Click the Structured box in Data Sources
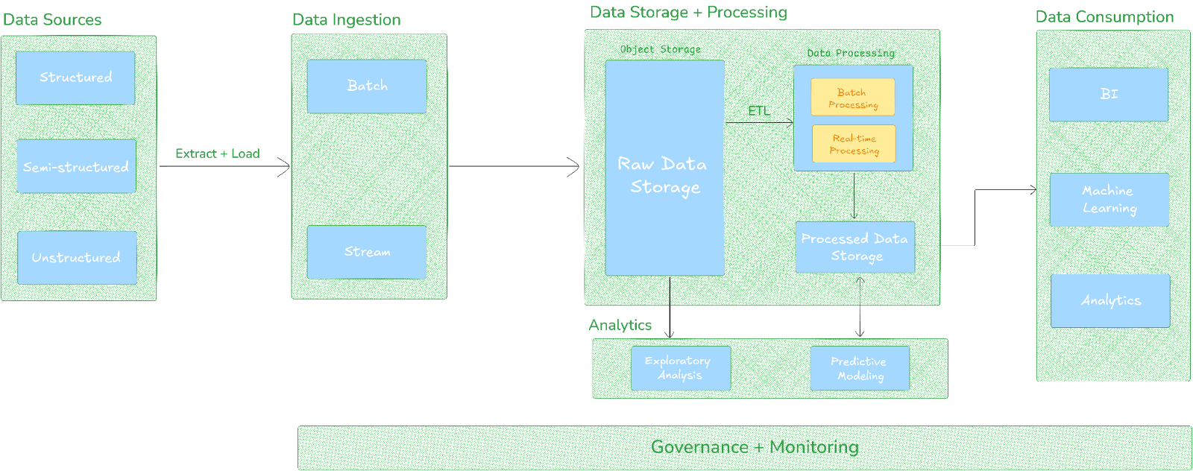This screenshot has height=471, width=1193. pos(75,78)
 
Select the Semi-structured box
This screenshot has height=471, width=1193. pos(76,167)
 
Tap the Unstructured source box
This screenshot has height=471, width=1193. pos(77,257)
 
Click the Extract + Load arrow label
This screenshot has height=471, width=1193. pos(217,154)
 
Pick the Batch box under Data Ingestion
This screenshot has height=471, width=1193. pos(367,86)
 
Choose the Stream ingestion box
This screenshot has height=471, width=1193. pos(367,252)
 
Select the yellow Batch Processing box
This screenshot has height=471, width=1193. pos(852,98)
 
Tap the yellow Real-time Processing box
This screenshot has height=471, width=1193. pos(854,144)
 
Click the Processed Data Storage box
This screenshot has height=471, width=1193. pos(854,247)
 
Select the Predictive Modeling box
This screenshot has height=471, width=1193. pos(859,368)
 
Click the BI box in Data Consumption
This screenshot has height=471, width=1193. pos(1108,95)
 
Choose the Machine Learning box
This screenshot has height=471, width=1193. pos(1109,200)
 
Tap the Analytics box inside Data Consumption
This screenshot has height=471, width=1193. pos(1110,300)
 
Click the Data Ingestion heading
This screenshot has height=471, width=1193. pos(346,20)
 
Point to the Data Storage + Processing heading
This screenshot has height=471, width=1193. pos(687,13)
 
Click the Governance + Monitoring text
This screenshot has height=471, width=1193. pos(753,447)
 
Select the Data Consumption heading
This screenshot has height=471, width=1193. pos(1104,17)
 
